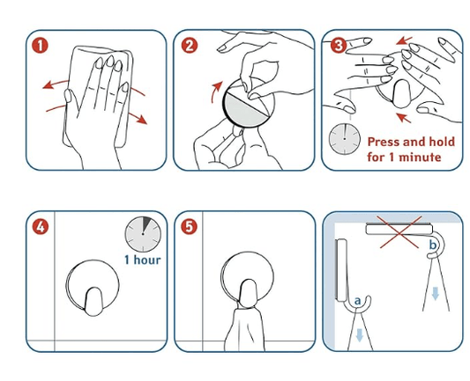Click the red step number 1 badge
click(x=40, y=46)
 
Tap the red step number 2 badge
click(x=190, y=46)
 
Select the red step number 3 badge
click(x=339, y=46)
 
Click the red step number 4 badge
click(x=40, y=227)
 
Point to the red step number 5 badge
click(x=189, y=227)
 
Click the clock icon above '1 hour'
click(x=143, y=233)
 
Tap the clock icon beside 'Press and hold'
click(x=345, y=139)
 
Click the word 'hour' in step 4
click(x=147, y=260)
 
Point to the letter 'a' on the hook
click(x=357, y=301)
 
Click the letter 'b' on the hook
click(x=433, y=245)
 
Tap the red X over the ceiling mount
click(x=399, y=231)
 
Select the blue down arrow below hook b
click(x=436, y=293)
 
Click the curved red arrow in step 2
click(x=215, y=92)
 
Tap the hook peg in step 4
click(x=93, y=302)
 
